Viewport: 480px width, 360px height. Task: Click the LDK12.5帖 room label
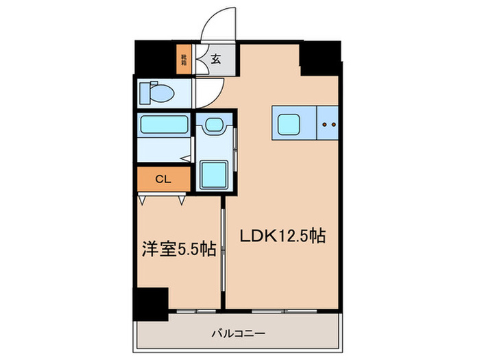(282, 237)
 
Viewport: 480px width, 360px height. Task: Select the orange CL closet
(163, 180)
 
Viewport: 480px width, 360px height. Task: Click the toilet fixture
(154, 93)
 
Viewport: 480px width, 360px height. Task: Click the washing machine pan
(215, 173)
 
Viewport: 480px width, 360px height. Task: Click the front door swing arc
(218, 24)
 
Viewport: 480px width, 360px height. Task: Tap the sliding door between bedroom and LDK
(223, 254)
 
